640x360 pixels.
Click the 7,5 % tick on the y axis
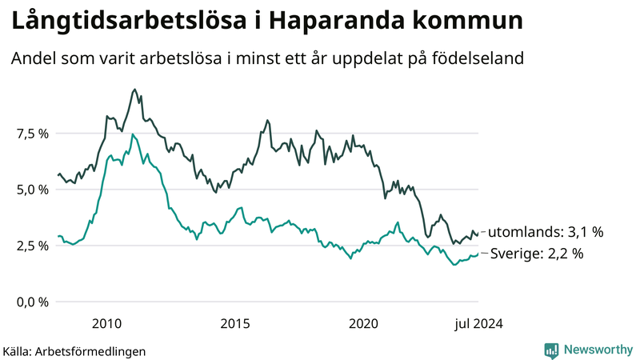coord(33,134)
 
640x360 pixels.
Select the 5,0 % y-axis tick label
coord(33,190)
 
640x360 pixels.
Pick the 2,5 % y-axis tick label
coord(33,246)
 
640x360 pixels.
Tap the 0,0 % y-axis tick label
coord(33,302)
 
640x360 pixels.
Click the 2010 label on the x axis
coord(106,323)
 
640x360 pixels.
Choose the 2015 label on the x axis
coord(235,323)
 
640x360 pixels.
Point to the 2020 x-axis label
coord(364,323)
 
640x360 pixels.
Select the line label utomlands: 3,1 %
coord(545,232)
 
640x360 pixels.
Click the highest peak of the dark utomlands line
coord(134,90)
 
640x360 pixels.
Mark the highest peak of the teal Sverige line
coord(133,134)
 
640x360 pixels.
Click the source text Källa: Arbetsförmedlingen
coord(74,350)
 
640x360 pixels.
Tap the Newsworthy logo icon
coord(551,350)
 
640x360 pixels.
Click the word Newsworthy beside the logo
coord(596,350)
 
